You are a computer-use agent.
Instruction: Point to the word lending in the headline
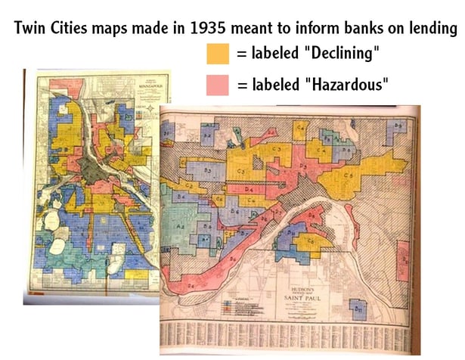point(432,29)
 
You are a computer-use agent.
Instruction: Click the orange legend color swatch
point(217,54)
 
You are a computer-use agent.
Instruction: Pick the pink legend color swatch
point(217,83)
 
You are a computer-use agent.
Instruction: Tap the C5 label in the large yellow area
point(349,175)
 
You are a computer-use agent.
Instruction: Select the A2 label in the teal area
point(180,225)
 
